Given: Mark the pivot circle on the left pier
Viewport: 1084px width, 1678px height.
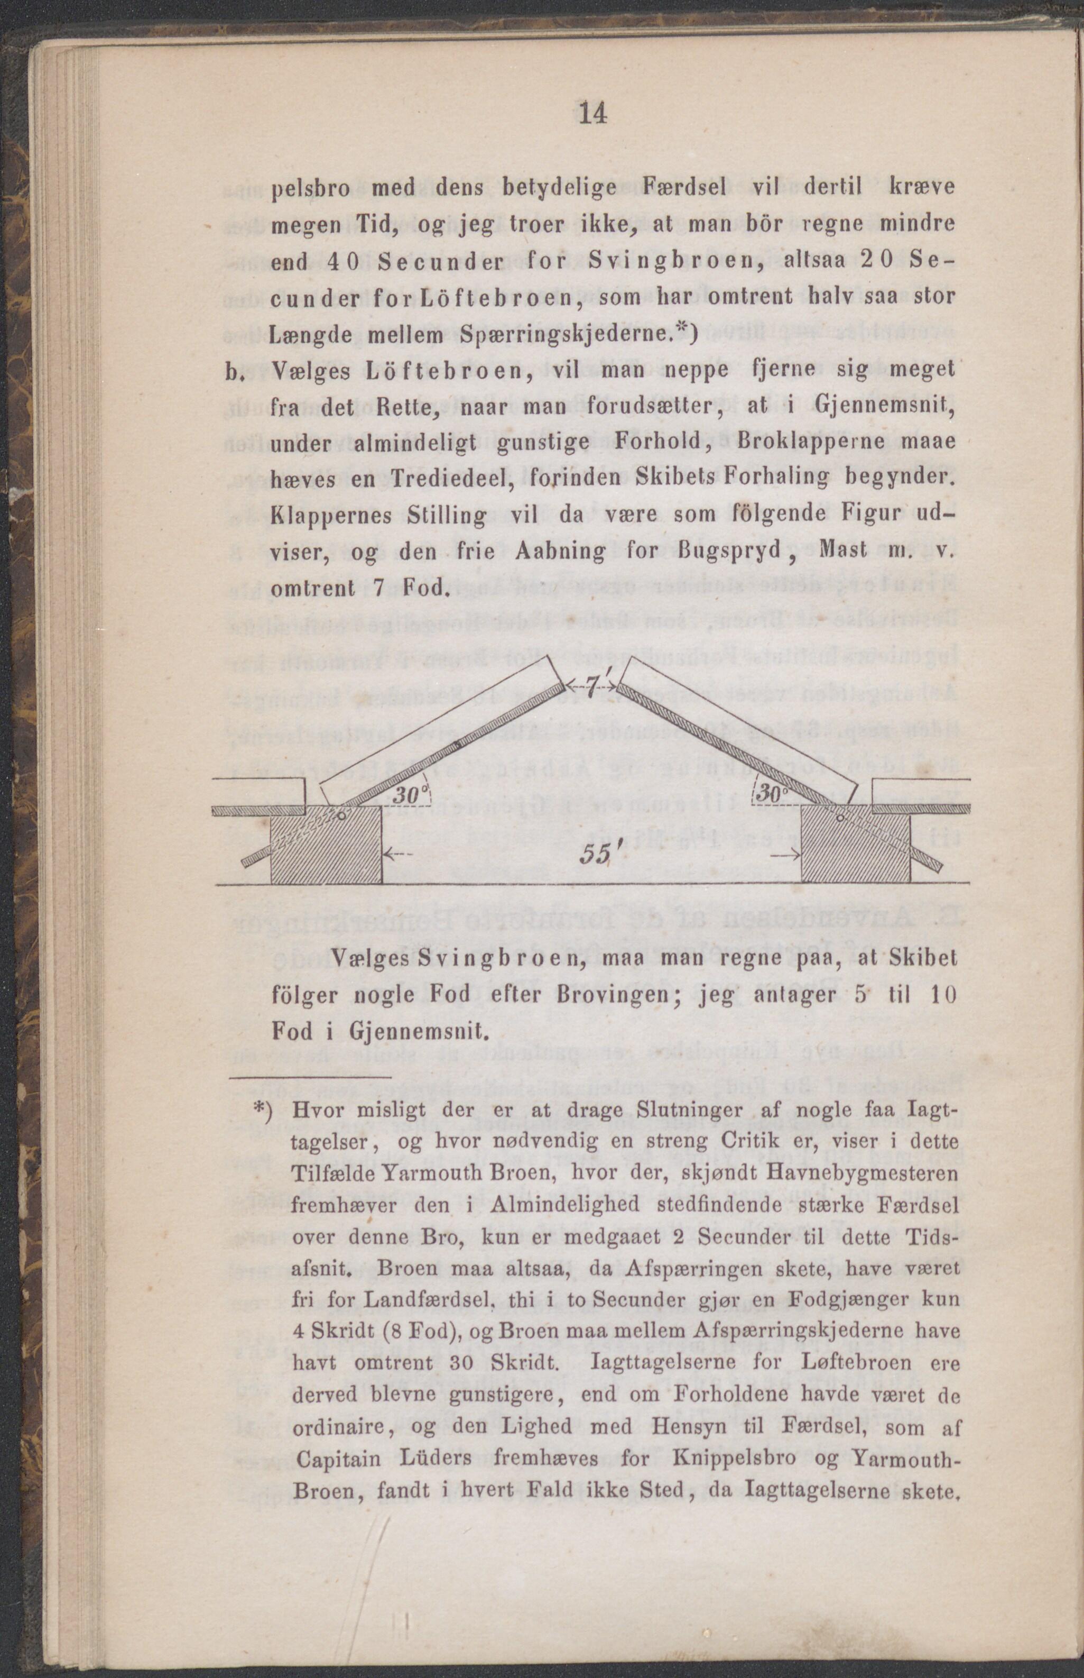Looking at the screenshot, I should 341,815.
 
